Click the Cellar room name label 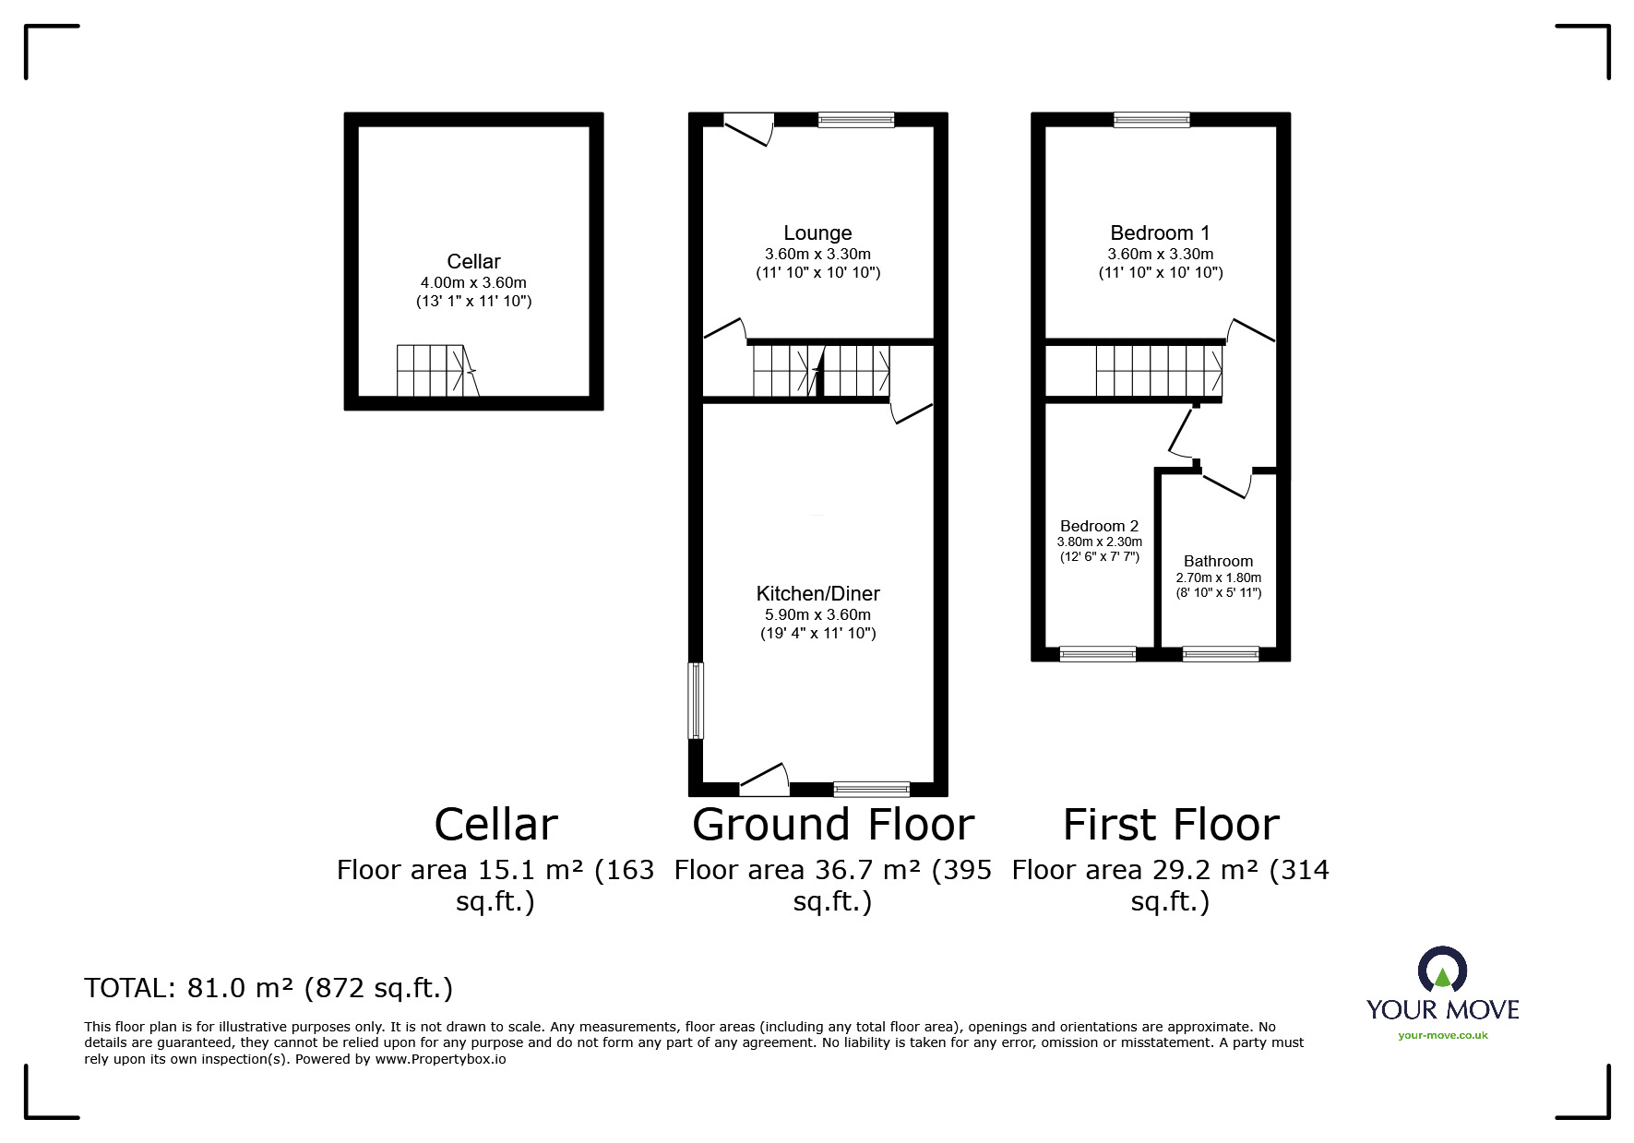pyautogui.click(x=473, y=262)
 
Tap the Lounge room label pyautogui.click(x=817, y=233)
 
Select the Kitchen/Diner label pyautogui.click(x=817, y=594)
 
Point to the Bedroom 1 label pyautogui.click(x=1160, y=233)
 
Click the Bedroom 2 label pyautogui.click(x=1099, y=527)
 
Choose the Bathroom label pyautogui.click(x=1218, y=561)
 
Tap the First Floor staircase pyautogui.click(x=1160, y=371)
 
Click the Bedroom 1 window pyautogui.click(x=1151, y=120)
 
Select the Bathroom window pyautogui.click(x=1221, y=654)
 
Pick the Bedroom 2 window pyautogui.click(x=1098, y=654)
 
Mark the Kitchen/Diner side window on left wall pyautogui.click(x=697, y=700)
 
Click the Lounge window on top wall pyautogui.click(x=856, y=120)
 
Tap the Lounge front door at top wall pyautogui.click(x=748, y=128)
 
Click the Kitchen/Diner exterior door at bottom pyautogui.click(x=765, y=780)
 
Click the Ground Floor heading pyautogui.click(x=833, y=825)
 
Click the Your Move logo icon pyautogui.click(x=1442, y=971)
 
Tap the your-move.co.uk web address pyautogui.click(x=1443, y=1035)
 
